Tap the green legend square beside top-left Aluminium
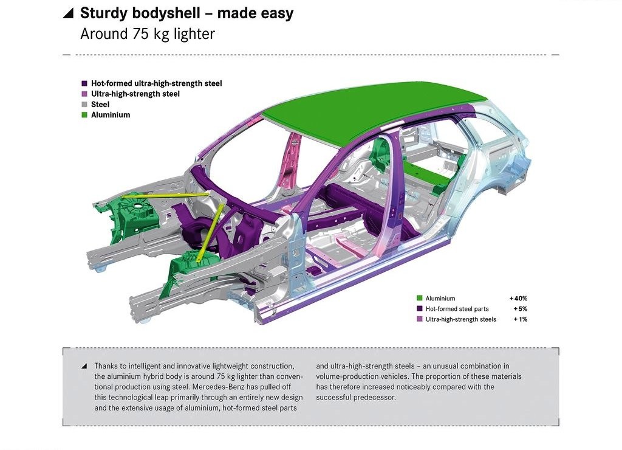[x=84, y=115]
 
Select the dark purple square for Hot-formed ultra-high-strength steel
[x=84, y=83]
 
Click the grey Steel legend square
[x=84, y=105]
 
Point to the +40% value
[x=519, y=299]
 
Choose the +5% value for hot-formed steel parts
[x=521, y=308]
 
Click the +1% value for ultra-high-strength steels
[x=521, y=319]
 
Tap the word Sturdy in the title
[x=104, y=13]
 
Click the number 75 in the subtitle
[x=140, y=34]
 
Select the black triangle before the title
[x=69, y=13]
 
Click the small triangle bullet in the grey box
[x=84, y=366]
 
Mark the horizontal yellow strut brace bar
[x=165, y=195]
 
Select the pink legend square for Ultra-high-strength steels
[x=420, y=319]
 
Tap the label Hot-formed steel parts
[x=457, y=308]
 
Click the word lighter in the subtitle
[x=194, y=34]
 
